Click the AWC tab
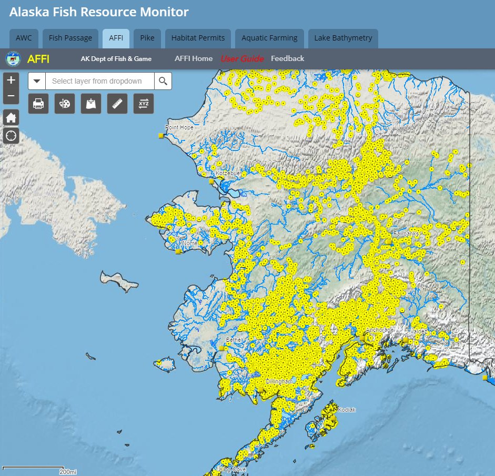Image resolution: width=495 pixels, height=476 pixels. tap(24, 38)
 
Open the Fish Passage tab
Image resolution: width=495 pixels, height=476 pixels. tap(70, 38)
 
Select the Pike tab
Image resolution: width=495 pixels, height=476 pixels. tap(147, 38)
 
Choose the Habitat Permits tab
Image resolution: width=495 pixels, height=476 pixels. tap(198, 38)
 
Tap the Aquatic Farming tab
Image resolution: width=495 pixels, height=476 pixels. tap(269, 38)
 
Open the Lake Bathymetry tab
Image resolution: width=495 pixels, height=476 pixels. tap(343, 38)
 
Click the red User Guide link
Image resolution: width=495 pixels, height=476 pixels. tap(242, 58)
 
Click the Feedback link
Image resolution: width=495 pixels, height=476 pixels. tap(287, 58)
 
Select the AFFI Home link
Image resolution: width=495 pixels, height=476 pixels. tap(194, 58)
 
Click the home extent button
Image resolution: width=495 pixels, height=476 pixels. tap(11, 117)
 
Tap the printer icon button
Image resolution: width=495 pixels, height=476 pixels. tap(38, 104)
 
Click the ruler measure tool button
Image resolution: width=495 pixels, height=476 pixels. tap(117, 104)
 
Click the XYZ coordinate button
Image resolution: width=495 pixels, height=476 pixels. tap(144, 104)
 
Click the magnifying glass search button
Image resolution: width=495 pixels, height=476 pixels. tap(163, 81)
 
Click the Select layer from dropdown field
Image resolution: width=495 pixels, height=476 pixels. tap(99, 81)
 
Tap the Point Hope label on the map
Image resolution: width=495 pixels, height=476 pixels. tap(179, 127)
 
